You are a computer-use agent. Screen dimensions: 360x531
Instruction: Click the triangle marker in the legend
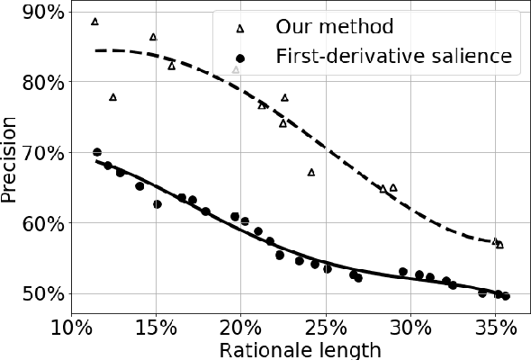[239, 28]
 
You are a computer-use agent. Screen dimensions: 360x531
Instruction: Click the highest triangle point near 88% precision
[95, 21]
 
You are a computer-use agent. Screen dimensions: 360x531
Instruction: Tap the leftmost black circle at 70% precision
[97, 152]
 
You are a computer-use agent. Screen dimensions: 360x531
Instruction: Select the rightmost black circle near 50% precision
[506, 295]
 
